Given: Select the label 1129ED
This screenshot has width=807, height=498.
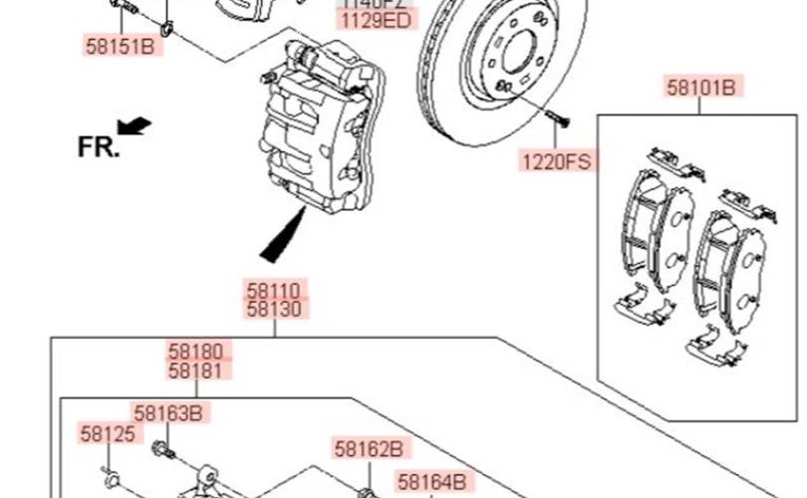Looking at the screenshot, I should pyautogui.click(x=375, y=20).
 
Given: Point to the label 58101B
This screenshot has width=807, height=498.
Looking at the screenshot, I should pyautogui.click(x=700, y=88).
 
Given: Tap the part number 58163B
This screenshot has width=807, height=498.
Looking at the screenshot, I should pyautogui.click(x=167, y=412).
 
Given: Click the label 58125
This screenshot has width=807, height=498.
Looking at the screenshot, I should pyautogui.click(x=107, y=433).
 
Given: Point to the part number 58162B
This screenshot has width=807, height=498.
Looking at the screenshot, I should pyautogui.click(x=368, y=448).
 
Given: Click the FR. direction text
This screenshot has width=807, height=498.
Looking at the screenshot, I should pyautogui.click(x=98, y=147).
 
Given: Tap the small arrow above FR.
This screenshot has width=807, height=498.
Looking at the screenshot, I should pyautogui.click(x=134, y=125).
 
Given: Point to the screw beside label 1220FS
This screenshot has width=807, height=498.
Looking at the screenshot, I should pyautogui.click(x=557, y=120).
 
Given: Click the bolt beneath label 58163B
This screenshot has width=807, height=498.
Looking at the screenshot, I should pyautogui.click(x=164, y=452).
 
